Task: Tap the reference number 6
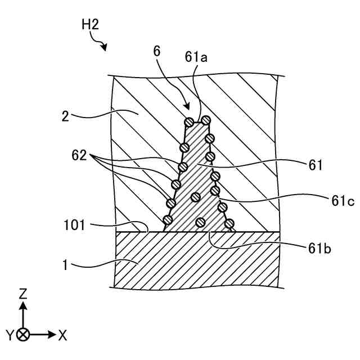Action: pyautogui.click(x=157, y=51)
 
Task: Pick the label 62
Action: pyautogui.click(x=79, y=153)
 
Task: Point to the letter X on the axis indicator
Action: pyautogui.click(x=62, y=335)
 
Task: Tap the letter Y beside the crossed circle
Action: pyautogui.click(x=10, y=335)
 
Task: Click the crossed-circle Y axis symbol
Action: pyautogui.click(x=23, y=335)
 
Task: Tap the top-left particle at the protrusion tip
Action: pyautogui.click(x=190, y=121)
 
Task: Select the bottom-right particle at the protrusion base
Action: pyautogui.click(x=229, y=224)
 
